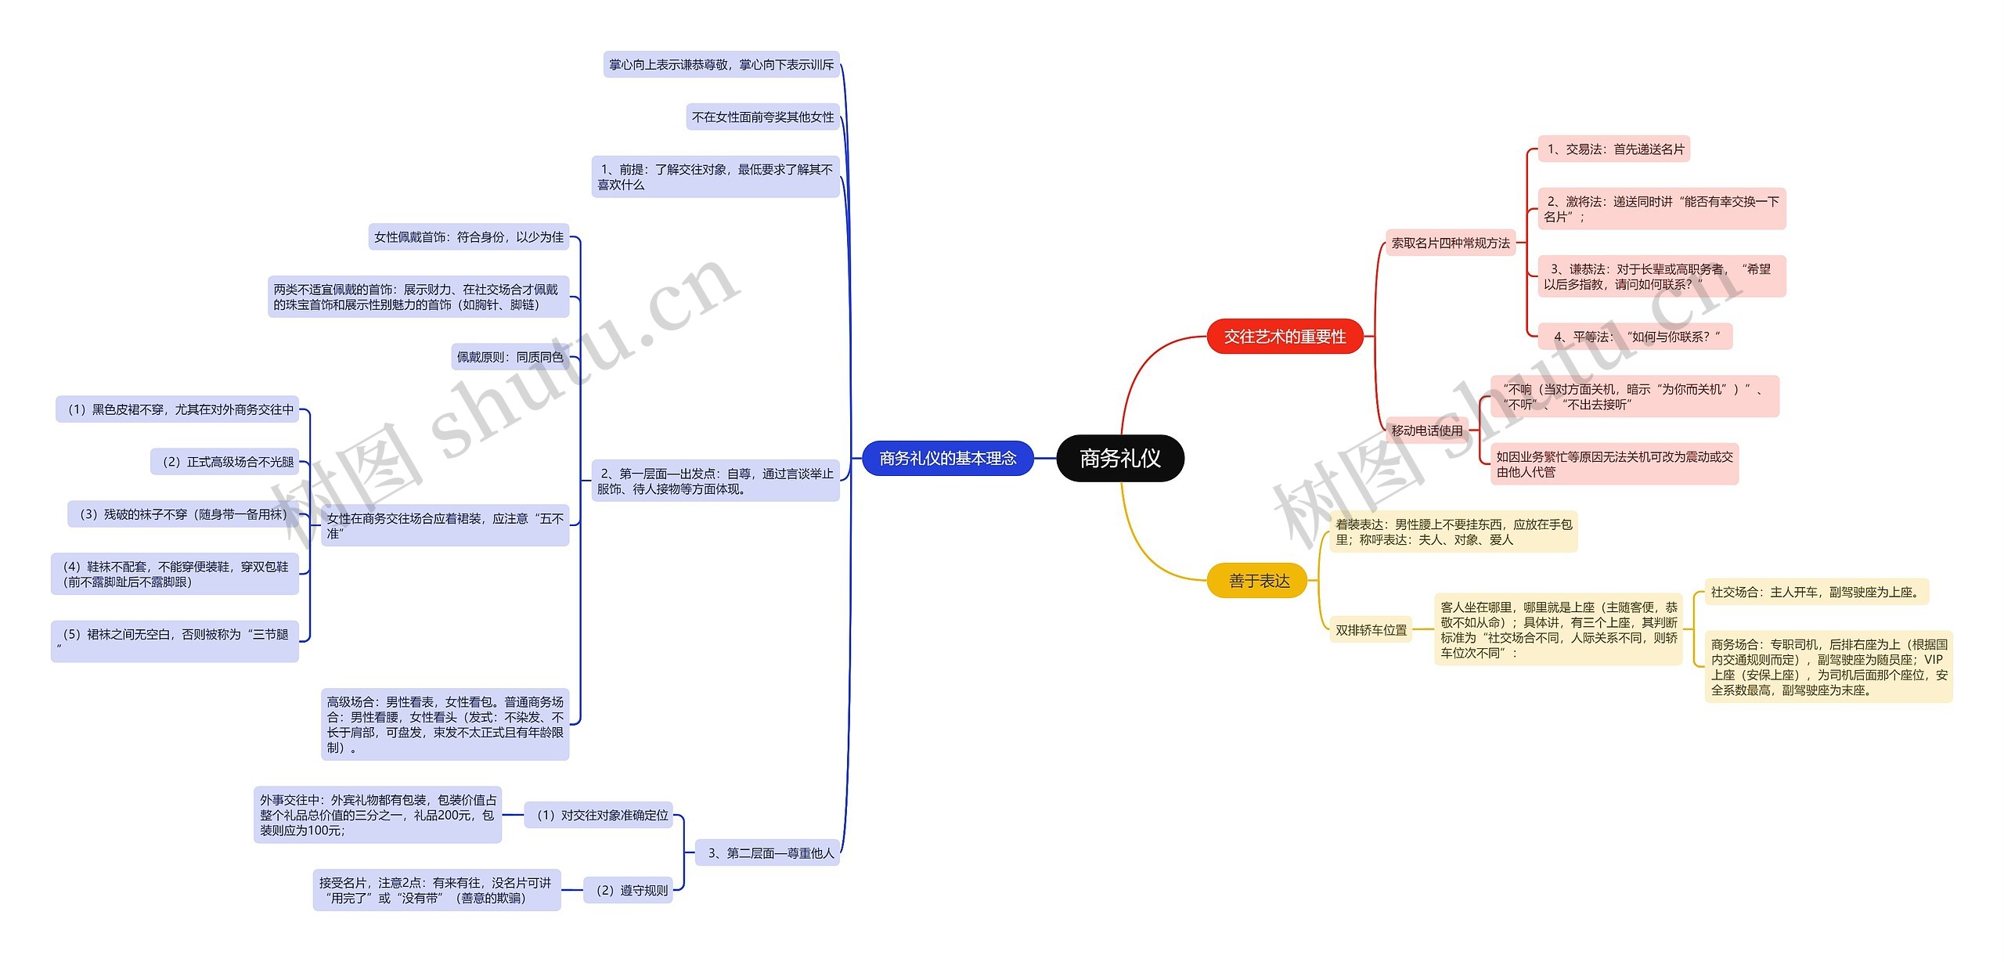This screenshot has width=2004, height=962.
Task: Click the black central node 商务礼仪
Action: (x=1120, y=458)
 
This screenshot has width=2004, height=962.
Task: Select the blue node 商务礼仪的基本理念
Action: (x=948, y=458)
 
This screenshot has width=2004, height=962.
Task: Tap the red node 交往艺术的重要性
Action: (x=1285, y=337)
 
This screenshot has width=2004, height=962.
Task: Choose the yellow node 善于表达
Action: (x=1259, y=581)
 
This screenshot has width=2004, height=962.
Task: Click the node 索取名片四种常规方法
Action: (x=1451, y=243)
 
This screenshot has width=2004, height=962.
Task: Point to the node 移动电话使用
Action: (x=1427, y=431)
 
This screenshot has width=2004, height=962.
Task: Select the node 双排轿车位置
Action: (x=1371, y=630)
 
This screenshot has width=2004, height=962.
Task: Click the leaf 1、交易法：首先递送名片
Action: (x=1614, y=149)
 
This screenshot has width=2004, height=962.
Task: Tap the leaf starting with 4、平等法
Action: (x=1635, y=337)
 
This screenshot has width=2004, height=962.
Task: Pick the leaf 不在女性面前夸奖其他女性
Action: (x=763, y=117)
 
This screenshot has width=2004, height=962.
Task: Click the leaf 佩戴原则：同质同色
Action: (x=510, y=357)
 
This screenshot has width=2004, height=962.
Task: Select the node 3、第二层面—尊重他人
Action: (x=768, y=852)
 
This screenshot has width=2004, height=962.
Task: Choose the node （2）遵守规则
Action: (x=629, y=890)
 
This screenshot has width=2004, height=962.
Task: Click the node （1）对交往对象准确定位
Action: (x=599, y=815)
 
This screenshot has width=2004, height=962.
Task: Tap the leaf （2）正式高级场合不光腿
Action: (x=225, y=462)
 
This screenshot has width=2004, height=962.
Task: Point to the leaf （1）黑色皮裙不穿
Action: (x=177, y=409)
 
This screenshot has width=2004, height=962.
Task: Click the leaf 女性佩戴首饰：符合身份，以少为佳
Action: (x=469, y=236)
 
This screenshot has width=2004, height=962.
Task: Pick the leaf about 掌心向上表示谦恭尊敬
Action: (x=722, y=64)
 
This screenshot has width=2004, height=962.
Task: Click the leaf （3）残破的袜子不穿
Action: (x=183, y=514)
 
